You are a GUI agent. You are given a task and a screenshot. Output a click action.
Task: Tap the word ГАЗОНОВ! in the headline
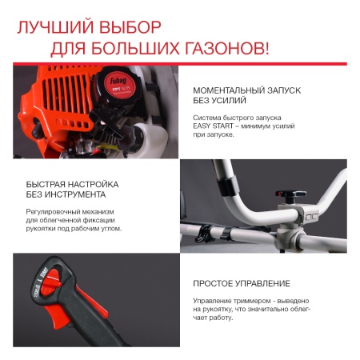(x=223, y=47)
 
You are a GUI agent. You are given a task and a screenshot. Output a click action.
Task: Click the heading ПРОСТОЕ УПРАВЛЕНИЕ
(x=241, y=284)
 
